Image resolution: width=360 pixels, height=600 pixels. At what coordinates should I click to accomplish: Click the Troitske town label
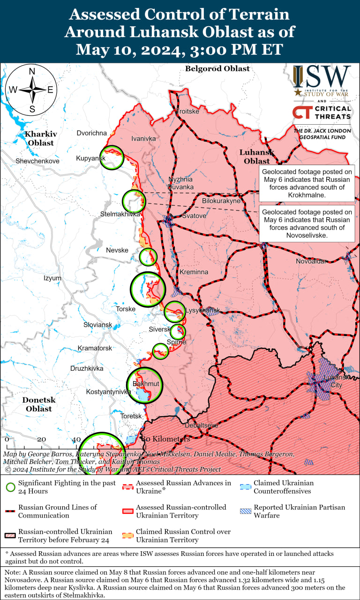click(x=187, y=112)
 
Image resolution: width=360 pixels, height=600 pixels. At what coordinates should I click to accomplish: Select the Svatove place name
click(x=194, y=216)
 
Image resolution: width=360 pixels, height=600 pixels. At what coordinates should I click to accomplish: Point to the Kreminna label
click(x=194, y=272)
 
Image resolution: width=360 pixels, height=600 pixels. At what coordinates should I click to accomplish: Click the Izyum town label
click(x=52, y=278)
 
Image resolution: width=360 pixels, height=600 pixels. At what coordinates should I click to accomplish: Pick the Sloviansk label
click(x=97, y=325)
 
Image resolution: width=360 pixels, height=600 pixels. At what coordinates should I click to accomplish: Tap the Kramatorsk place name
click(x=95, y=348)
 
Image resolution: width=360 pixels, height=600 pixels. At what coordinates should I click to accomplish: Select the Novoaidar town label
click(x=311, y=261)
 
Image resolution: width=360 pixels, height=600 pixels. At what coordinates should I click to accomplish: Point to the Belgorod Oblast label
click(x=217, y=69)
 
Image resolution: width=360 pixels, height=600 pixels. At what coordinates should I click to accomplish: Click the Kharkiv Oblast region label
click(x=41, y=138)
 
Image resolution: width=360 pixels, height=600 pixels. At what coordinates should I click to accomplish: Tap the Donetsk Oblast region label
click(x=39, y=405)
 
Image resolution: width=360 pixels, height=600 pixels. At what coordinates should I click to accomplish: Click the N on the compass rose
click(x=32, y=72)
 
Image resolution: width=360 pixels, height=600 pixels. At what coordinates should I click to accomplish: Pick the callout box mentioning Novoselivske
click(x=307, y=224)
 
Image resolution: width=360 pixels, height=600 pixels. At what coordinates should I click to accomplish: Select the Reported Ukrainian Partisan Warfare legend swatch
click(x=245, y=511)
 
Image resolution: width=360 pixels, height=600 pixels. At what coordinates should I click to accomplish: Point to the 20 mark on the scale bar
click(x=41, y=439)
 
